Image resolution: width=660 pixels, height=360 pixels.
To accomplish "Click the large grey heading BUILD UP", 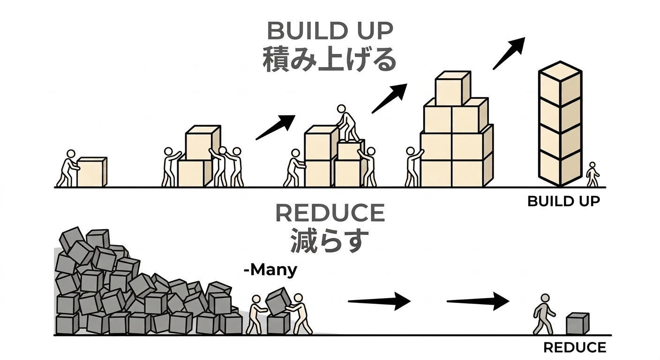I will click(x=330, y=31).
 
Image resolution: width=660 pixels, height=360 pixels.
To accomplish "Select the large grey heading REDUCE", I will click(x=330, y=214).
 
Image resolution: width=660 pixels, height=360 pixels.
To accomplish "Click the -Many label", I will click(x=270, y=270).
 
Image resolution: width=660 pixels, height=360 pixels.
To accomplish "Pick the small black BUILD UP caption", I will click(x=563, y=201).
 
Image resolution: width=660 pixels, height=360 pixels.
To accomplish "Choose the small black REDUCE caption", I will click(x=575, y=347).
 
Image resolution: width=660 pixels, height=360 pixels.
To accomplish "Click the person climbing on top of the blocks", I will click(x=347, y=123).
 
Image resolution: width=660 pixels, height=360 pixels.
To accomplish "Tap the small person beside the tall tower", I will click(x=592, y=174).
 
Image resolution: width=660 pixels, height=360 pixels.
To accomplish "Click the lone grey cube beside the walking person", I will click(x=577, y=323).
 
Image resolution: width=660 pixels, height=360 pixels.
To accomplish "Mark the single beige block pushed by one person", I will click(x=92, y=172).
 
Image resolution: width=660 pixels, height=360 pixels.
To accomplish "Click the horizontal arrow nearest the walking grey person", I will click(x=478, y=300).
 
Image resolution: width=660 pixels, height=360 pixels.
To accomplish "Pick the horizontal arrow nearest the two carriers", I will click(x=379, y=300).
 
